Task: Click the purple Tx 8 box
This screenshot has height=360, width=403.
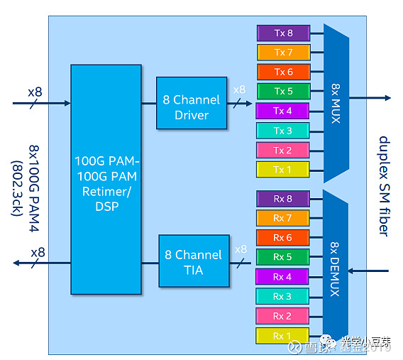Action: tap(283, 33)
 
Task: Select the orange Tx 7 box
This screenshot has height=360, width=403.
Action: tap(283, 53)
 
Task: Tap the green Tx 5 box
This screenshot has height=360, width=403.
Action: tap(283, 92)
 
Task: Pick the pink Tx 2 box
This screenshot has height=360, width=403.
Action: tap(283, 150)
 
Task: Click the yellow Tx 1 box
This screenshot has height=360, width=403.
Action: tap(283, 170)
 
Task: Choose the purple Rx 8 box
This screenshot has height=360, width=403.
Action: tap(282, 199)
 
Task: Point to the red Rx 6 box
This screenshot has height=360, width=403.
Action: tap(282, 238)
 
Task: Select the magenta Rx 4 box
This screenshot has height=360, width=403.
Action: tap(282, 277)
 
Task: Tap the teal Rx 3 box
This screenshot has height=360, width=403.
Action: tap(282, 296)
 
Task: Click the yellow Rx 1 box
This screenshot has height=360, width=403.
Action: tap(282, 336)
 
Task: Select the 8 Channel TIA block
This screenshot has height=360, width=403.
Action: tap(193, 262)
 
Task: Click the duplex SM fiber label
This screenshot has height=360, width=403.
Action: tap(383, 185)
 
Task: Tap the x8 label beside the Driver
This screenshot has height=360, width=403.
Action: tap(240, 90)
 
